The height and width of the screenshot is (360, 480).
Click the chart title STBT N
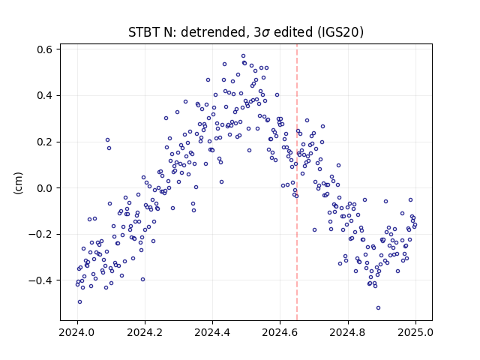[246, 32]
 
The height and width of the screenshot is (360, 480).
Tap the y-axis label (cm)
[18, 183]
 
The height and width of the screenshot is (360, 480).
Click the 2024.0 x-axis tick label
[77, 332]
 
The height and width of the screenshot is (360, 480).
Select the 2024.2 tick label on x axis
[145, 332]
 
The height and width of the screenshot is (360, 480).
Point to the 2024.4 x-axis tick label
[212, 332]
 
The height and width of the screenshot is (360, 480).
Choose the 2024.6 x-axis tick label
[280, 332]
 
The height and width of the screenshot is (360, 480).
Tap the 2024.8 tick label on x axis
[348, 332]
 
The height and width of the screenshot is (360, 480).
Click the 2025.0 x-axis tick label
[415, 332]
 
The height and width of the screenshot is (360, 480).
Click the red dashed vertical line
[297, 182]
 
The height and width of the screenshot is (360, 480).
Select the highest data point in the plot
[243, 56]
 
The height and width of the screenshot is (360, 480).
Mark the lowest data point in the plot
[378, 308]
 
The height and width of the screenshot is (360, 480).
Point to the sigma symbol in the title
[266, 33]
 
